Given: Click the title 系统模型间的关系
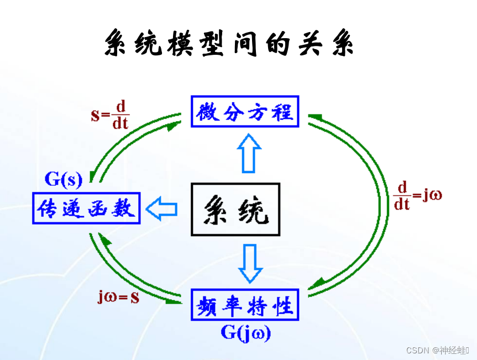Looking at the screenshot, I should point(229,43).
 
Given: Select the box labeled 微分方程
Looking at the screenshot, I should point(244,111).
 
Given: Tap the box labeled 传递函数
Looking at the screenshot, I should point(86,208).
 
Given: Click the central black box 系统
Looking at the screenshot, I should point(235,210).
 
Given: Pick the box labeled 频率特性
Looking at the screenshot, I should point(244,304).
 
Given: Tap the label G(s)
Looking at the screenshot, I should point(63,179).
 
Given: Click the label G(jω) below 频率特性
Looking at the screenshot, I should point(246,332).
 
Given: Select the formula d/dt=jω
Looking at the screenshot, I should point(418,195).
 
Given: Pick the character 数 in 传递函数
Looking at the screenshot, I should point(124,208).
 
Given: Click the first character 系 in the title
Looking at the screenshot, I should point(119,43).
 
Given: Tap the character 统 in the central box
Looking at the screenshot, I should point(254,210).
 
